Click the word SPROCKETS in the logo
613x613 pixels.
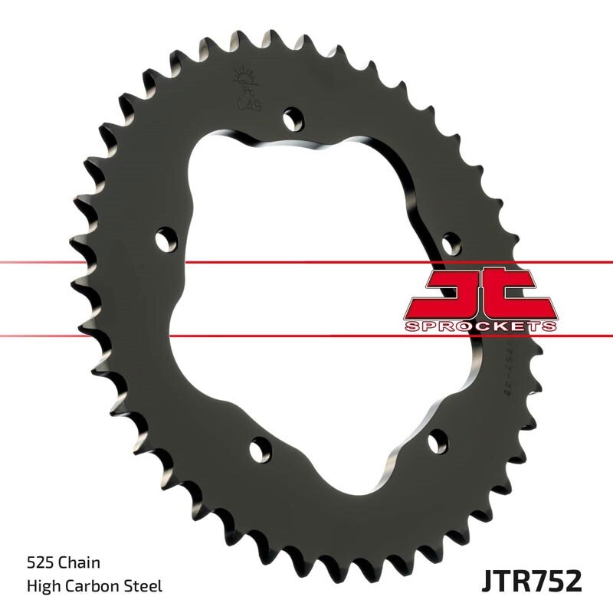pyautogui.click(x=480, y=326)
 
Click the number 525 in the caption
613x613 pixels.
pyautogui.click(x=38, y=563)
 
